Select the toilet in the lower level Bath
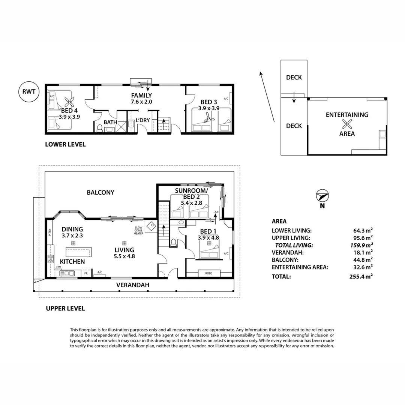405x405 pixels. (100, 128)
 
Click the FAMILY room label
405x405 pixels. (141, 95)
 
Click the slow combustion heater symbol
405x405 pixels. (151, 226)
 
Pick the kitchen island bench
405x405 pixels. (78, 251)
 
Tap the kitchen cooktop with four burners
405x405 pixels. (50, 258)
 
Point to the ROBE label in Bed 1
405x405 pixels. (208, 273)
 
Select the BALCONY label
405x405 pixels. (100, 192)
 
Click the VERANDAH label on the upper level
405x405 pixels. (133, 285)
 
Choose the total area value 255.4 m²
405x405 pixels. (360, 276)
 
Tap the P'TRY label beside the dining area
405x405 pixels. (49, 232)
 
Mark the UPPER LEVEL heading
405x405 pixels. (65, 309)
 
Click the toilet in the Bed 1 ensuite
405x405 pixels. (173, 243)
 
